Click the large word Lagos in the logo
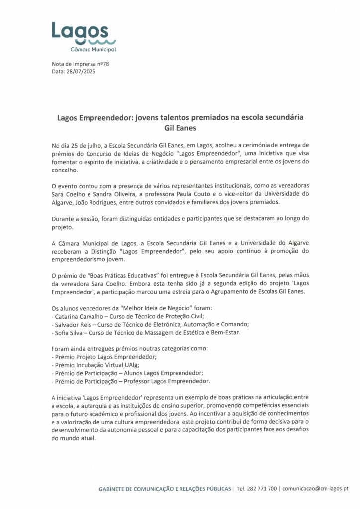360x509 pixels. (79, 31)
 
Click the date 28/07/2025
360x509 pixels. (81, 72)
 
